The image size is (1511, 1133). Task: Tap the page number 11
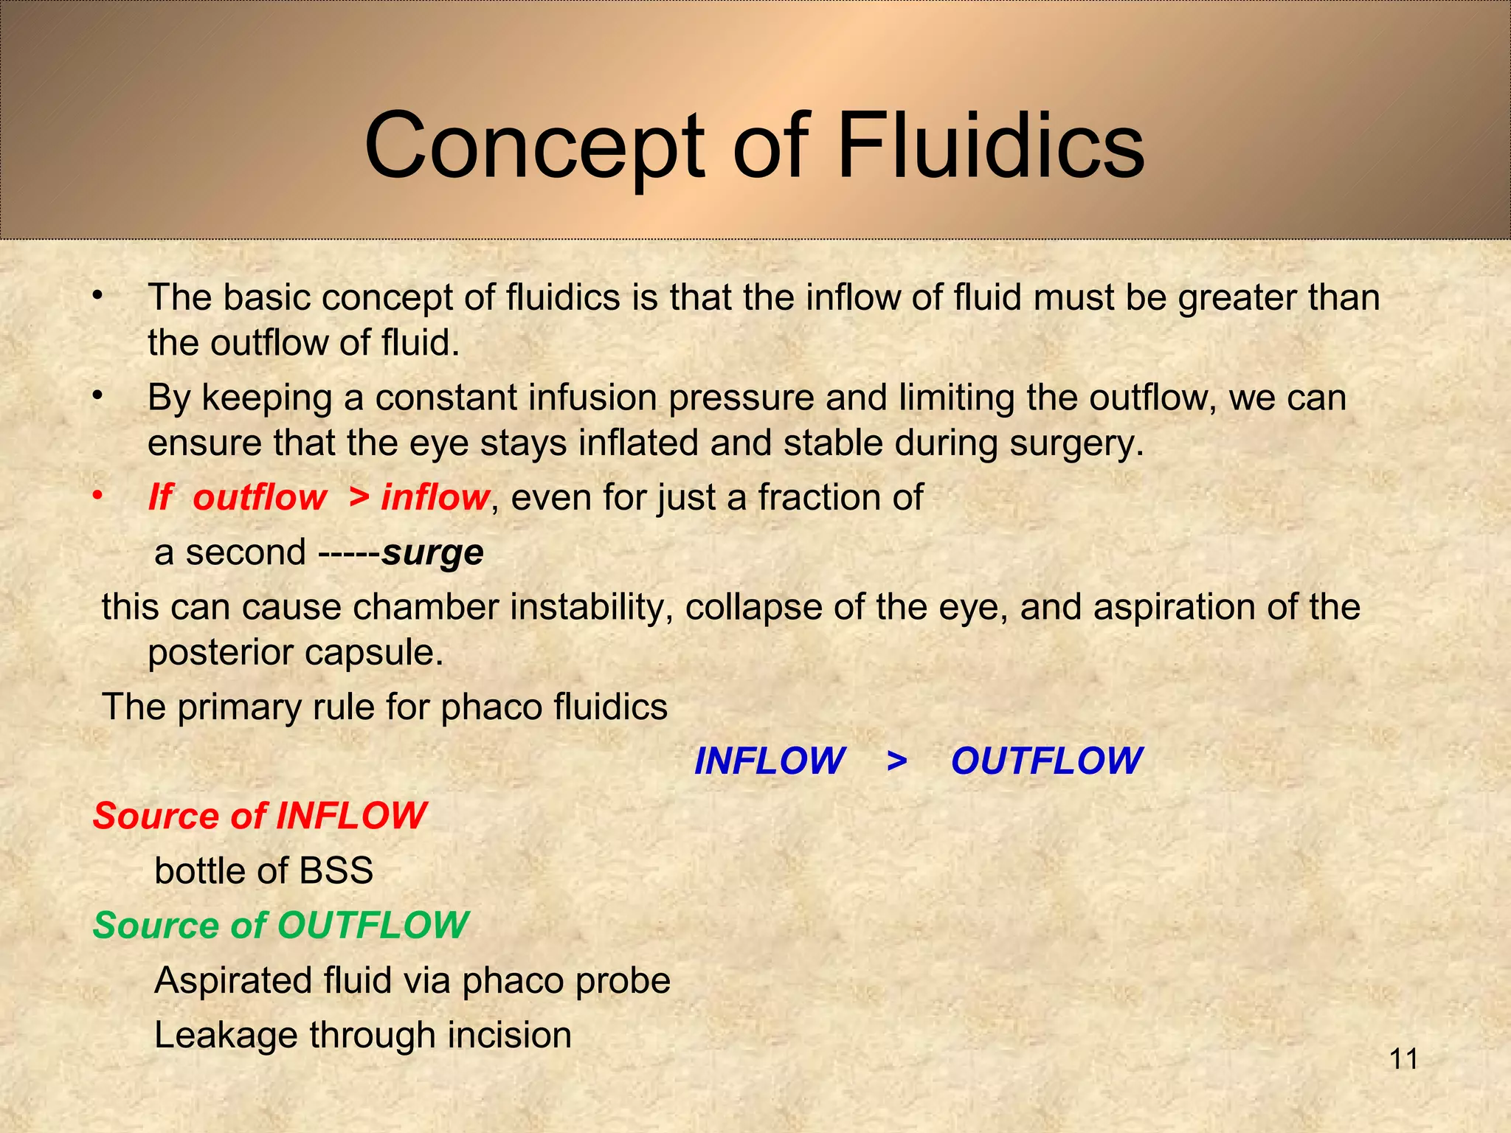tap(1404, 1059)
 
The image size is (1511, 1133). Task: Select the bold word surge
tap(432, 552)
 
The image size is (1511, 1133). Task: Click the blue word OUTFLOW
tap(1046, 760)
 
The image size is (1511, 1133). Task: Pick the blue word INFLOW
tap(770, 760)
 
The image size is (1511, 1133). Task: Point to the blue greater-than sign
tap(896, 760)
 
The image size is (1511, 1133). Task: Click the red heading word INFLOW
tap(351, 816)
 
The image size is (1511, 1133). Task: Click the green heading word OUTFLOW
tap(373, 925)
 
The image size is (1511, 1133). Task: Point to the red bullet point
tap(97, 496)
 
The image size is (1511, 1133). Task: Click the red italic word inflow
tap(435, 497)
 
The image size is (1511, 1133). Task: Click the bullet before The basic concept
tap(97, 297)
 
